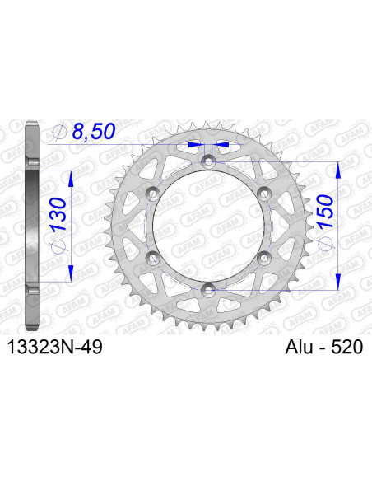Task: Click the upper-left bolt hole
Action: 152,193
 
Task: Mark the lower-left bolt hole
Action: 152,257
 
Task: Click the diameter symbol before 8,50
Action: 58,130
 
